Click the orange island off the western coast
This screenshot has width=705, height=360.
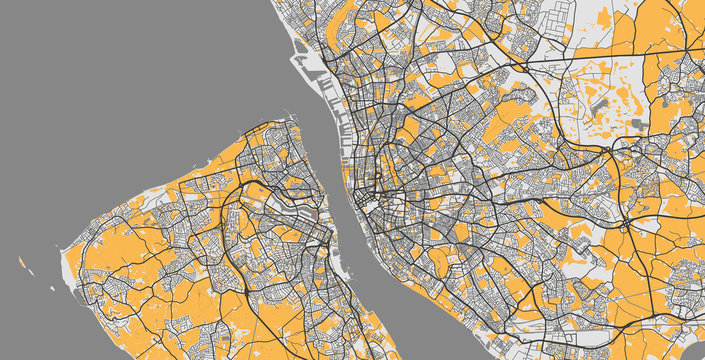(21, 263)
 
